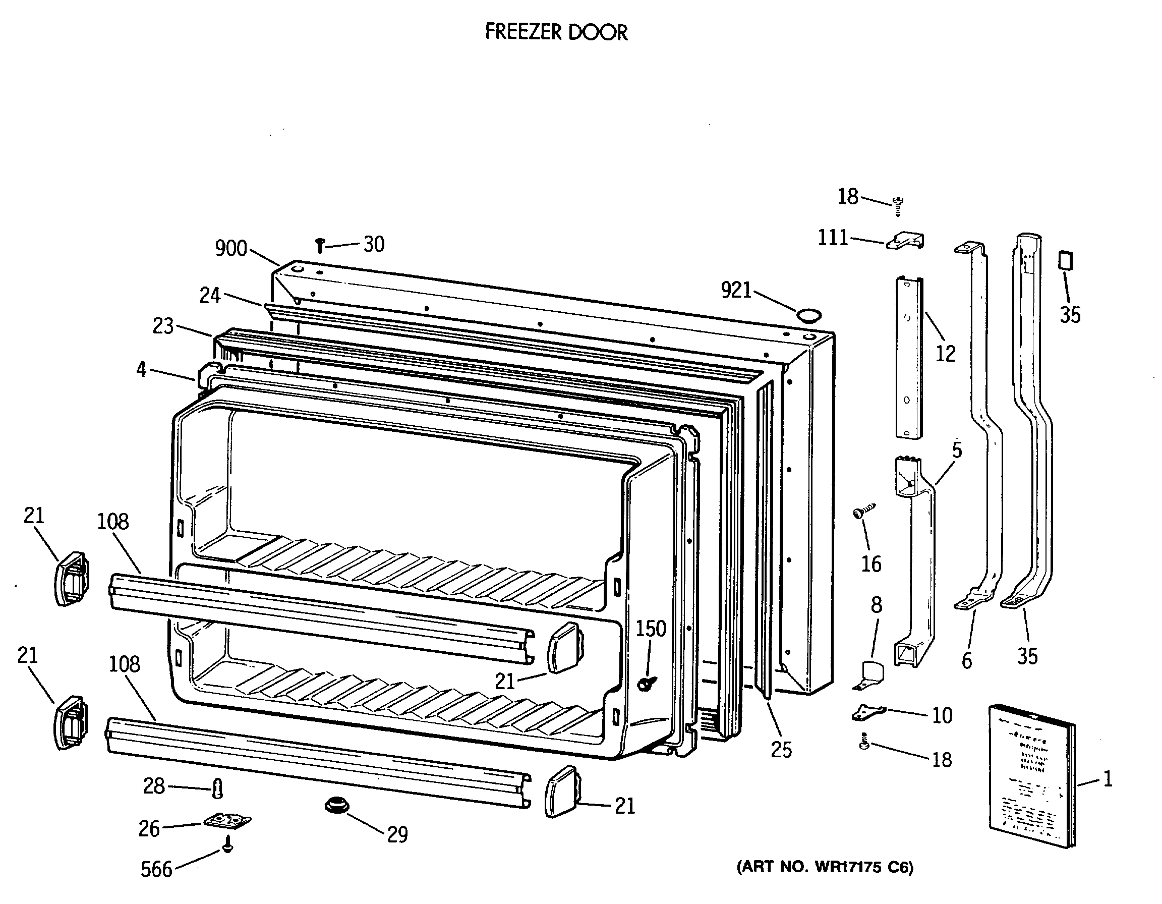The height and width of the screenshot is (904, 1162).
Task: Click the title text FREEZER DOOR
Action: pyautogui.click(x=556, y=32)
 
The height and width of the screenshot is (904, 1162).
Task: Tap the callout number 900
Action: pyautogui.click(x=231, y=249)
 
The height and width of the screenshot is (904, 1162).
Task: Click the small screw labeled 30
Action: pyautogui.click(x=320, y=245)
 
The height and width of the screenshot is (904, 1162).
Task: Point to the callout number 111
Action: pyautogui.click(x=833, y=237)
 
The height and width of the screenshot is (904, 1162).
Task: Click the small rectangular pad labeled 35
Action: pyautogui.click(x=1065, y=261)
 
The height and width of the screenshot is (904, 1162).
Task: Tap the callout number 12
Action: pyautogui.click(x=946, y=353)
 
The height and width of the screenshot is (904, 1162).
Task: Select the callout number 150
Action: pyautogui.click(x=651, y=629)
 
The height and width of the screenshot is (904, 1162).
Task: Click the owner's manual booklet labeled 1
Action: pyautogui.click(x=1030, y=778)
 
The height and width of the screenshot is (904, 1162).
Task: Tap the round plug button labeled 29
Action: pyautogui.click(x=336, y=805)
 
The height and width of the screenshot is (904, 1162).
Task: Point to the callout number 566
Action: pyautogui.click(x=156, y=869)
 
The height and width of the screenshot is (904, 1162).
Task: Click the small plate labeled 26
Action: pyautogui.click(x=227, y=821)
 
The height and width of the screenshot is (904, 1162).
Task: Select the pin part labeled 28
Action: pyautogui.click(x=217, y=788)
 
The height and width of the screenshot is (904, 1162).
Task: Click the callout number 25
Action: pyautogui.click(x=781, y=750)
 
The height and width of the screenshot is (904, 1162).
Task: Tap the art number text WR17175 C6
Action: pyautogui.click(x=825, y=867)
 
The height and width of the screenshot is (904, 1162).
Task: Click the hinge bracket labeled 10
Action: pyautogui.click(x=868, y=712)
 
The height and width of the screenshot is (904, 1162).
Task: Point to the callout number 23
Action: pyautogui.click(x=163, y=325)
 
